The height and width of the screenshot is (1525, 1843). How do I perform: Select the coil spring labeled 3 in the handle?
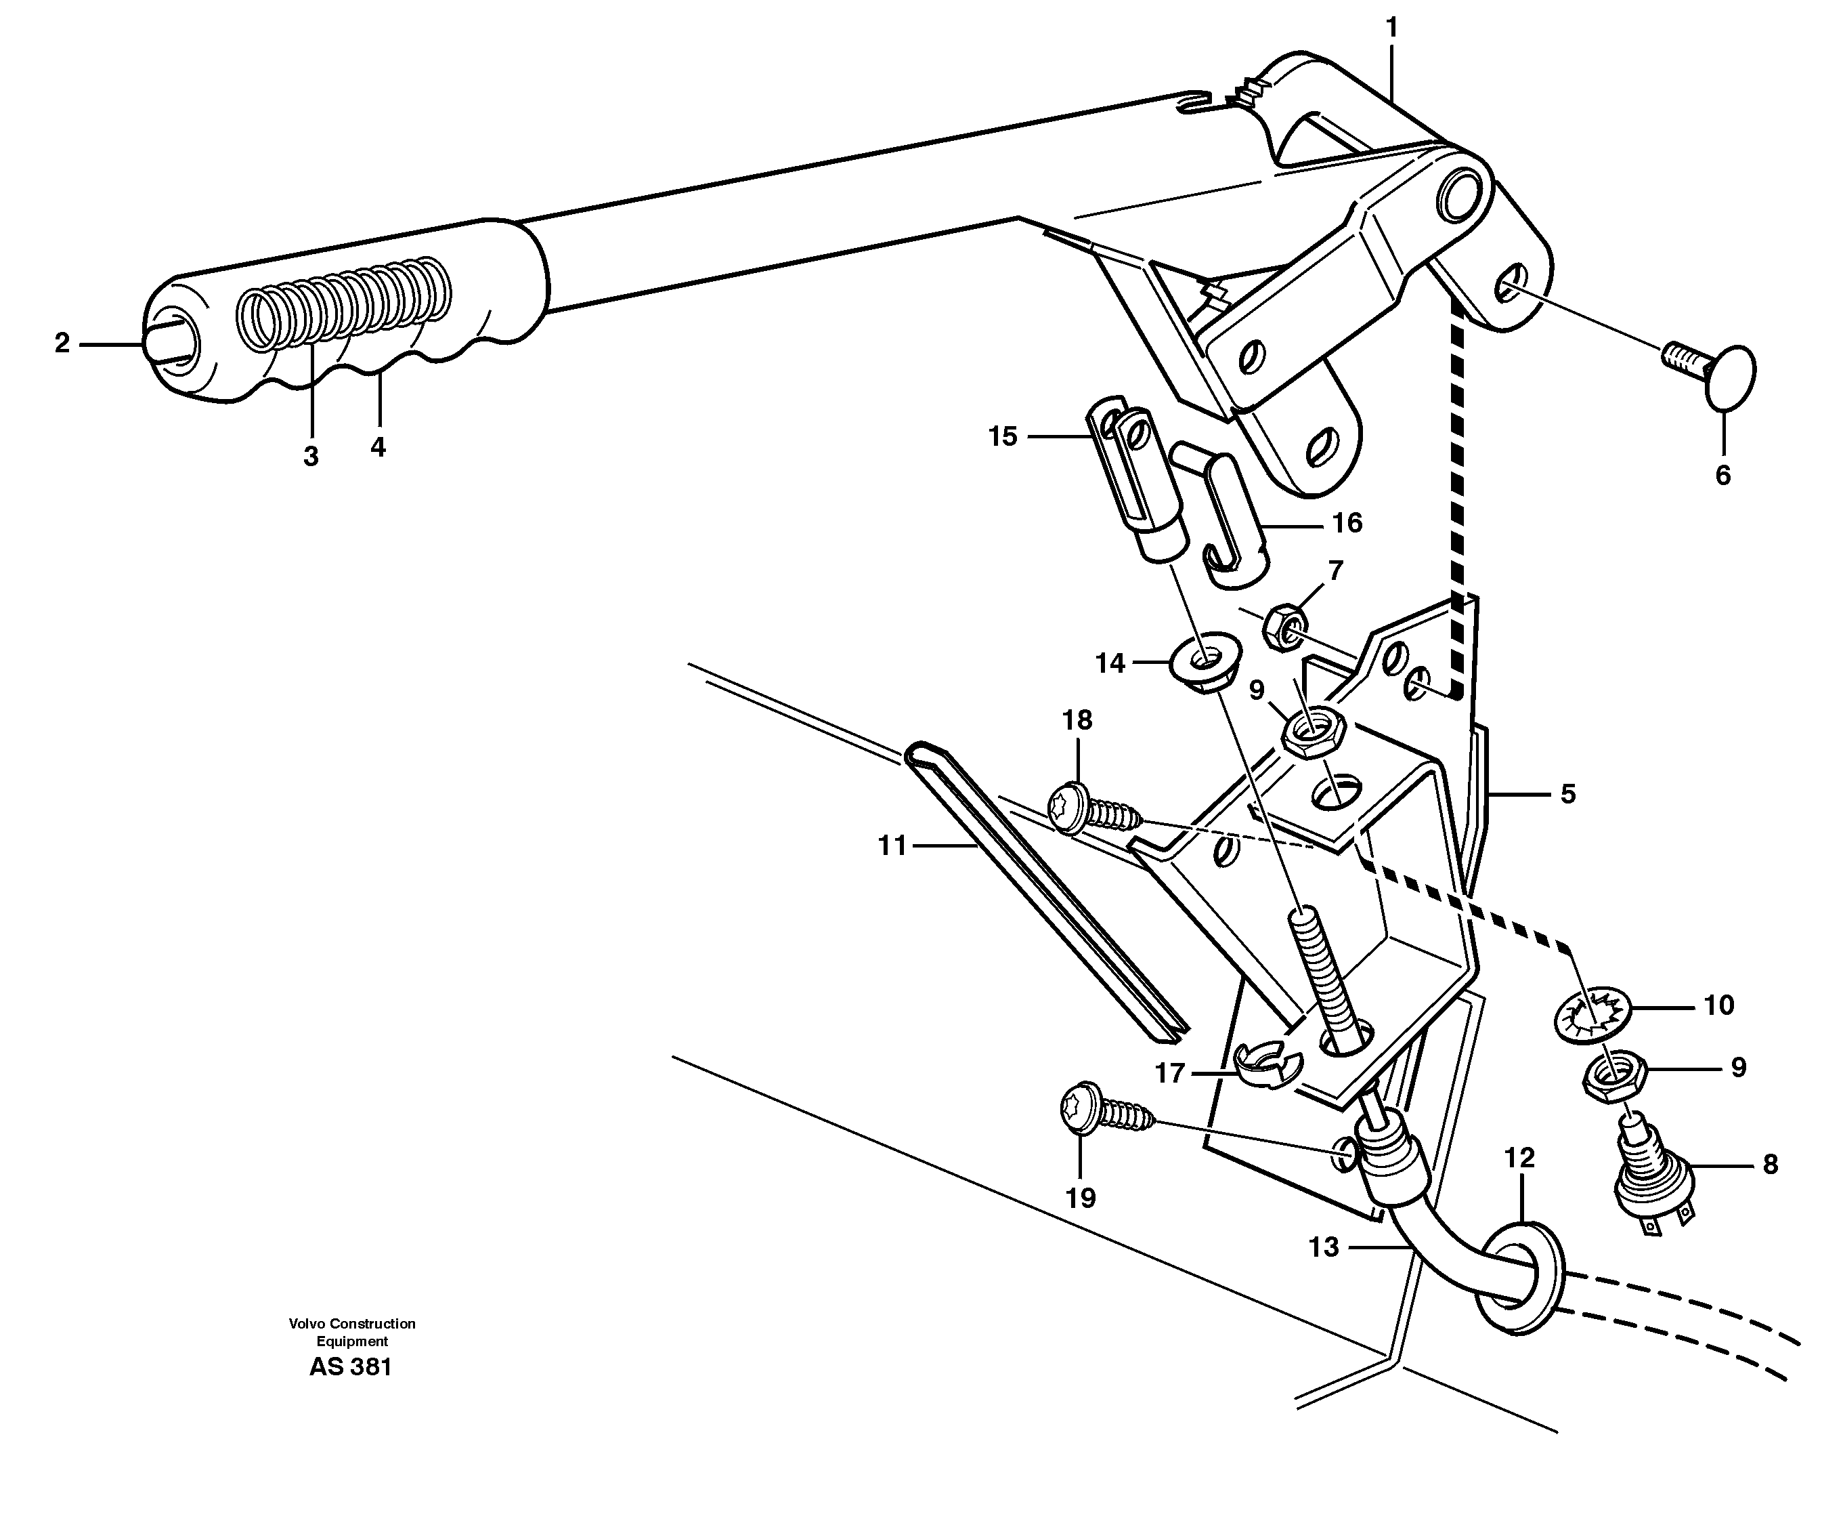pos(347,303)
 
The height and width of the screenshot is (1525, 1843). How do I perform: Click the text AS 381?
pos(350,1367)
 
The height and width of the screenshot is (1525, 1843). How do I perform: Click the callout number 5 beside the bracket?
pos(1567,794)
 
